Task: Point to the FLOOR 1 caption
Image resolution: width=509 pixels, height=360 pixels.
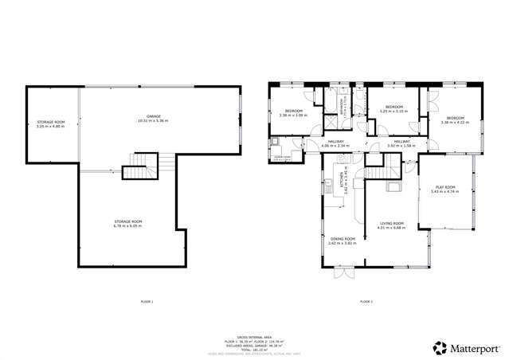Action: tap(146, 302)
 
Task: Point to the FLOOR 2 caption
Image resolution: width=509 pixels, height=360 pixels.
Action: tap(366, 302)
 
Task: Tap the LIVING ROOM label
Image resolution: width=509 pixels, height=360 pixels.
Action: tap(392, 225)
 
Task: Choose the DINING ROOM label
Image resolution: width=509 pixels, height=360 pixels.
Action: tap(341, 240)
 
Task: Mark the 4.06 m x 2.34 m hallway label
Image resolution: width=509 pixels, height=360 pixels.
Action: tap(335, 144)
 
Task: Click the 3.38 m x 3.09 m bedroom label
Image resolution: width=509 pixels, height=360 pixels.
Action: tap(294, 113)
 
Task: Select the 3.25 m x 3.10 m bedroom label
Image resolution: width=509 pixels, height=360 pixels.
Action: tap(393, 109)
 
